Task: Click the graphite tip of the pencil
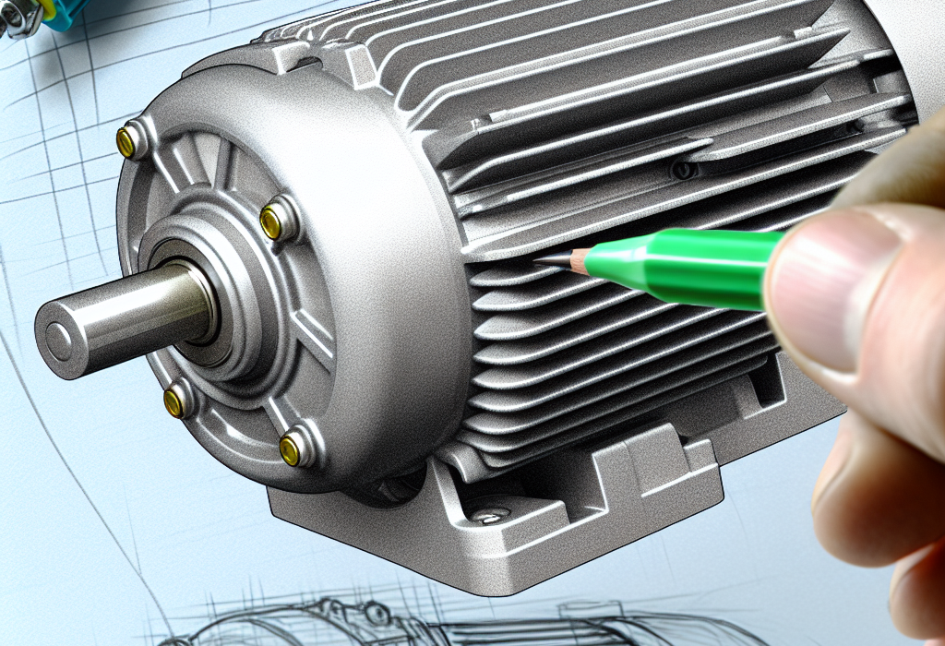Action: click(x=541, y=261)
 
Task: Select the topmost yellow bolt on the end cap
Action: click(x=126, y=140)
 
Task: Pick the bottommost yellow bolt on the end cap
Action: click(x=291, y=449)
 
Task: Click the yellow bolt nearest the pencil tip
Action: click(x=272, y=221)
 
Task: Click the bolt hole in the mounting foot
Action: click(x=486, y=514)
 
